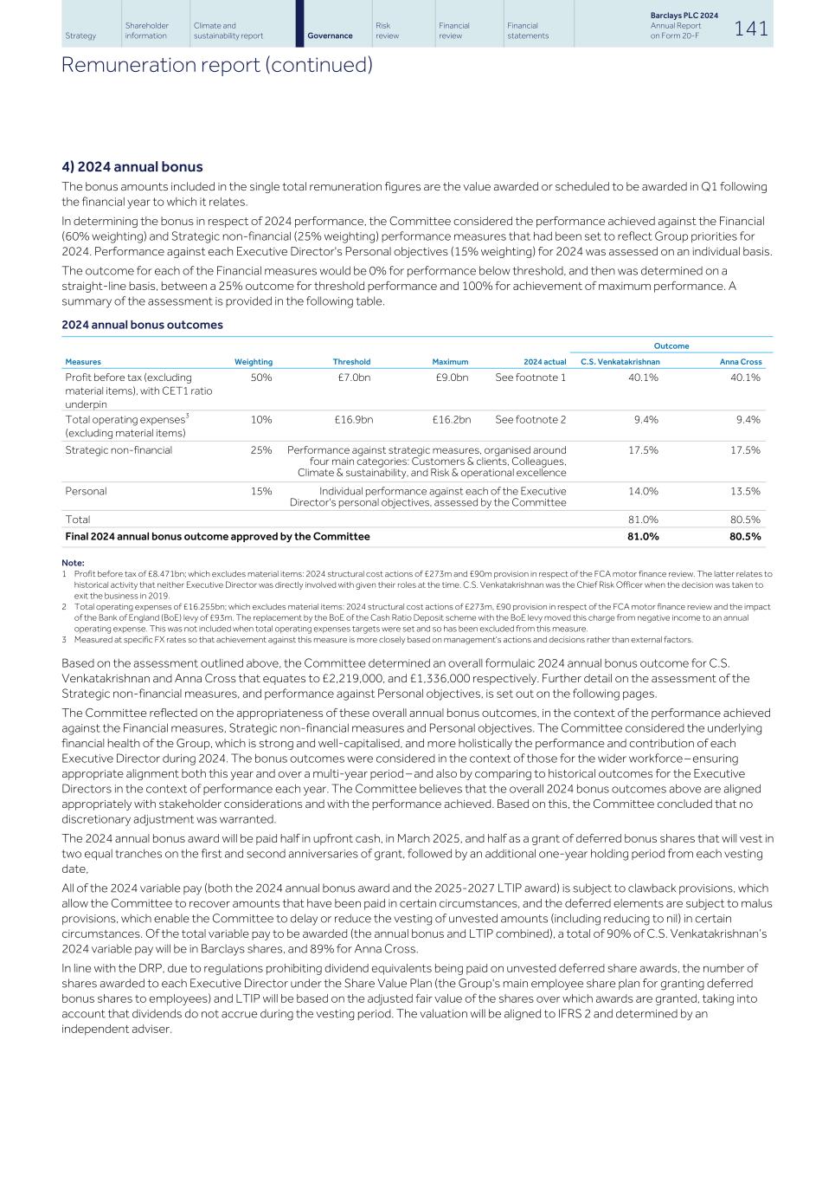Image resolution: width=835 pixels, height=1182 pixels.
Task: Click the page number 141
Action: (x=750, y=29)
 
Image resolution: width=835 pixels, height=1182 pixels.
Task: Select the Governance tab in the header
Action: (x=330, y=36)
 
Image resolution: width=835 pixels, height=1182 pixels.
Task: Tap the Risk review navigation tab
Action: (x=383, y=31)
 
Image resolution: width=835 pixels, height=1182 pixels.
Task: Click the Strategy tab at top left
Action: (x=80, y=36)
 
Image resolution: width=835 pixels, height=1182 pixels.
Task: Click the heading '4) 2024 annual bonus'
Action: (x=132, y=167)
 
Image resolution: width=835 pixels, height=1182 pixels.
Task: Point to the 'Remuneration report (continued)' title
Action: (x=216, y=65)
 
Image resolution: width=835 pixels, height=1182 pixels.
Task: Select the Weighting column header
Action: (x=253, y=362)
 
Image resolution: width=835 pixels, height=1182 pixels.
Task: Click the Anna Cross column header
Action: (x=741, y=362)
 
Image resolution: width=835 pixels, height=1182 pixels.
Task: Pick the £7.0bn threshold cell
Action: (x=354, y=378)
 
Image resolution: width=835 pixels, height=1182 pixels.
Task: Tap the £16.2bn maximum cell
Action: (x=452, y=420)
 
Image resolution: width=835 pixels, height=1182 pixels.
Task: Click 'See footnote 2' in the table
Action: (x=530, y=420)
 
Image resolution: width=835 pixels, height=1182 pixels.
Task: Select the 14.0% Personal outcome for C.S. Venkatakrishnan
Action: (x=643, y=491)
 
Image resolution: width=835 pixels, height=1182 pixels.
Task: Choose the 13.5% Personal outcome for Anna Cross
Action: (x=745, y=491)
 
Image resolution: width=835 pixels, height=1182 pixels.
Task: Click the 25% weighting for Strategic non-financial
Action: (x=261, y=450)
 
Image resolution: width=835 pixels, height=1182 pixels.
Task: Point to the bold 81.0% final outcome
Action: (x=643, y=537)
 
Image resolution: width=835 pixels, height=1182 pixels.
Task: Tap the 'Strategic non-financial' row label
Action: (x=119, y=450)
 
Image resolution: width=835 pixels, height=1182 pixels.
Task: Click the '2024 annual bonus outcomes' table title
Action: (x=142, y=325)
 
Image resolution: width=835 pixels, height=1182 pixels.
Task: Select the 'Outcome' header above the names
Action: (x=671, y=346)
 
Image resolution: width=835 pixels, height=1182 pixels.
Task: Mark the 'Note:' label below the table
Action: (x=73, y=563)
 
